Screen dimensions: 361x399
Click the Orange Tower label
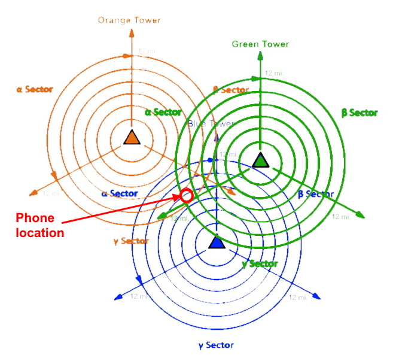129,20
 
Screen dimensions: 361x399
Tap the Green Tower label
260,44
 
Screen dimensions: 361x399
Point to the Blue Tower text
209,123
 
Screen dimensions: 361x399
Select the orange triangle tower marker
131,137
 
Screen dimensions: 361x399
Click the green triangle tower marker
260,160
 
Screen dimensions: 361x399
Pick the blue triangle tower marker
216,242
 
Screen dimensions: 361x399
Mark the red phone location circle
186,195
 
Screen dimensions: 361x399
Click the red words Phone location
39,225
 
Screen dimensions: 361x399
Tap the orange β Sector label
231,90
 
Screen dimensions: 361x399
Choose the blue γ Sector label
216,345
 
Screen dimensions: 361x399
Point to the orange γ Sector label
130,241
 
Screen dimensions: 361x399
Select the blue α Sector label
120,193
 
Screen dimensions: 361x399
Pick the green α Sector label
163,112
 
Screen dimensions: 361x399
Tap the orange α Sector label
35,89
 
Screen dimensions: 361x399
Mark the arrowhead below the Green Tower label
260,56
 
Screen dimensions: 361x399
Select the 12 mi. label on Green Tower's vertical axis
273,72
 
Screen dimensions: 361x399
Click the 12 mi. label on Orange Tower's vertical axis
146,51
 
